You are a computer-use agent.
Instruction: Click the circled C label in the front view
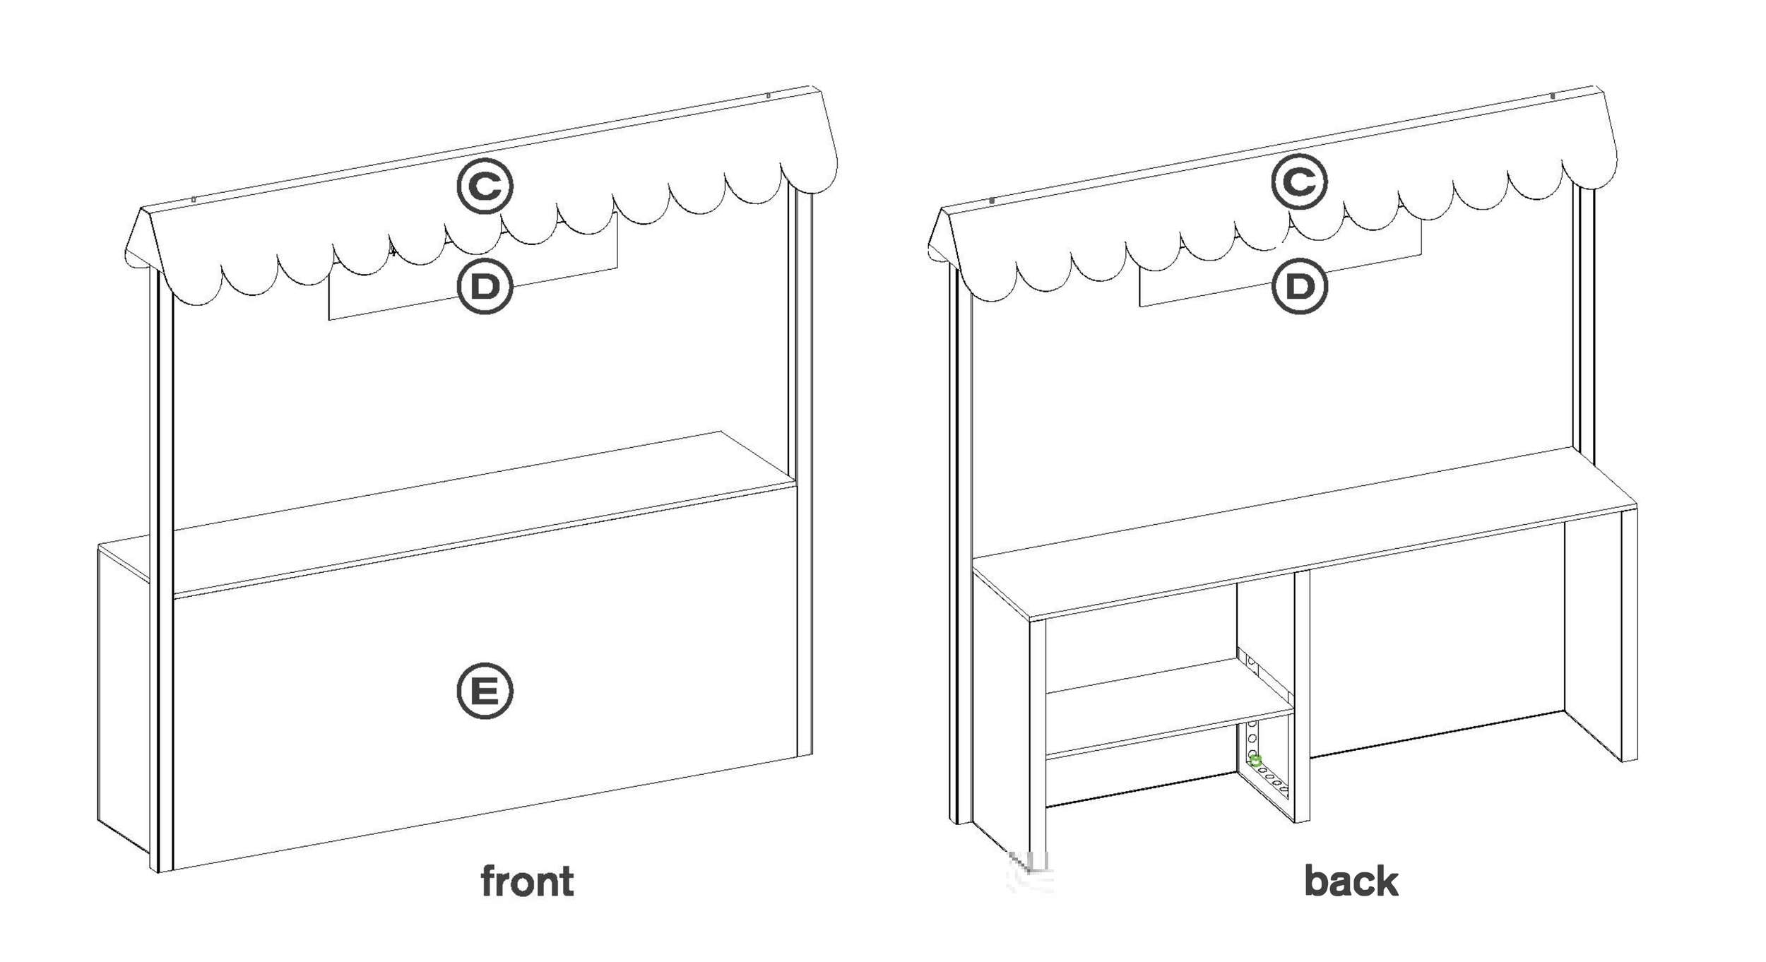(485, 186)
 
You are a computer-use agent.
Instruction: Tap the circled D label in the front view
(485, 286)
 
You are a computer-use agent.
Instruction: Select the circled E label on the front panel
(485, 690)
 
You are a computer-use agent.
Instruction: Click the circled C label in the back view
(1299, 182)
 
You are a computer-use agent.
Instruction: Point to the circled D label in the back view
(1299, 286)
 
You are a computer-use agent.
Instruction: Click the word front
(527, 881)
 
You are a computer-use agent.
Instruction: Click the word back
(1351, 881)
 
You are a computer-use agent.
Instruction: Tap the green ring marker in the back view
(1255, 761)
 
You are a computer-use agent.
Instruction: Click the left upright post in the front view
(162, 565)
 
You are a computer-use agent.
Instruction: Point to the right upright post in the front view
(804, 424)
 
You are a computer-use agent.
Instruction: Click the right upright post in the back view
(1584, 318)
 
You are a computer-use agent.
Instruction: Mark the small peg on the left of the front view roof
(194, 201)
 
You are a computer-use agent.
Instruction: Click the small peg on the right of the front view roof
(768, 95)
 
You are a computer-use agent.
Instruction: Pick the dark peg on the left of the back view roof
(992, 201)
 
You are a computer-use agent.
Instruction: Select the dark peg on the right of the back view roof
(1552, 95)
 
